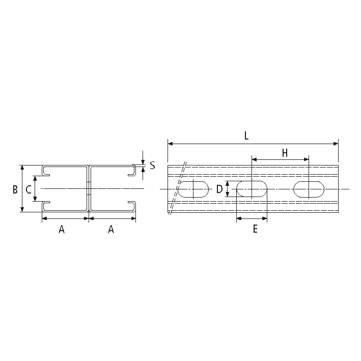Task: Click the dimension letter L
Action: point(246,136)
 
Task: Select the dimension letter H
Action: point(285,153)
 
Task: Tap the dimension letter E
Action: point(255,229)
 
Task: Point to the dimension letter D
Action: point(219,189)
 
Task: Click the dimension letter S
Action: point(152,165)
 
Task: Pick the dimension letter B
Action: point(15,189)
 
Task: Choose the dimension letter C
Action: point(29,189)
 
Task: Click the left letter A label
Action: point(62,229)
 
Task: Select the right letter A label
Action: point(111,229)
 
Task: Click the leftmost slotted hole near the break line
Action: point(193,189)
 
